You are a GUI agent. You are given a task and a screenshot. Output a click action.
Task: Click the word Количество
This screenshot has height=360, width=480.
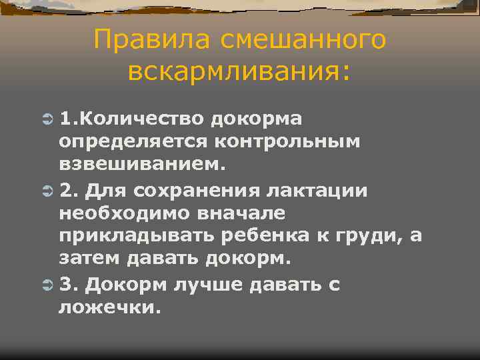[148, 119]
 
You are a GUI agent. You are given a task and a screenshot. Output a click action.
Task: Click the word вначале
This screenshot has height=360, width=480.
[237, 213]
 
